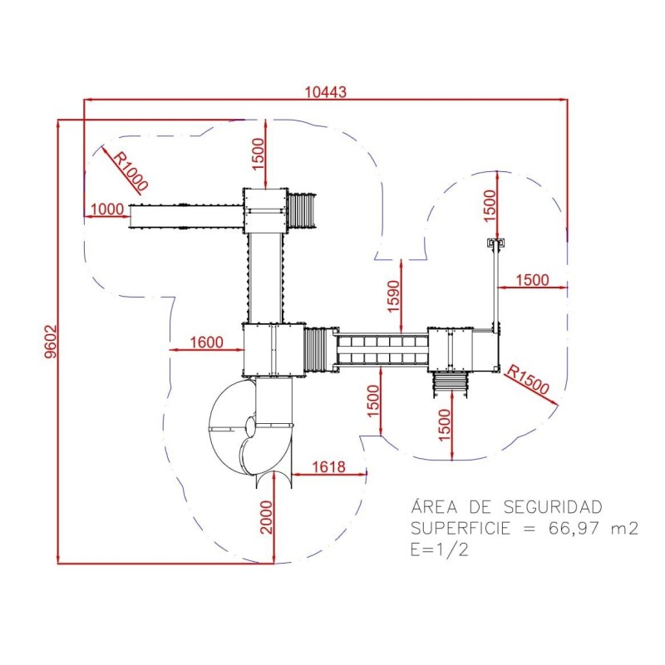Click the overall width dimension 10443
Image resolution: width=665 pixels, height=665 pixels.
(x=326, y=91)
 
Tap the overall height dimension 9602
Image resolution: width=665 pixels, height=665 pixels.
(x=51, y=342)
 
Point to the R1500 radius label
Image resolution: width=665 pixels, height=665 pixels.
(x=528, y=379)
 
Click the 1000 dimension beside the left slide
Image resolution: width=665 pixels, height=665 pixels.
(x=107, y=209)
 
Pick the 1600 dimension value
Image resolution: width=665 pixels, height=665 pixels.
(x=206, y=342)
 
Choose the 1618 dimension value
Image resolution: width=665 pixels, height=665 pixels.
(x=328, y=467)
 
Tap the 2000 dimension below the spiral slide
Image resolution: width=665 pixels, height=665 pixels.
(x=266, y=517)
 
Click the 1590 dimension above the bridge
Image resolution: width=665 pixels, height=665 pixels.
(x=393, y=296)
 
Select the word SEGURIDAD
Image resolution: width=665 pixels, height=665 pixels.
(x=553, y=507)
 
